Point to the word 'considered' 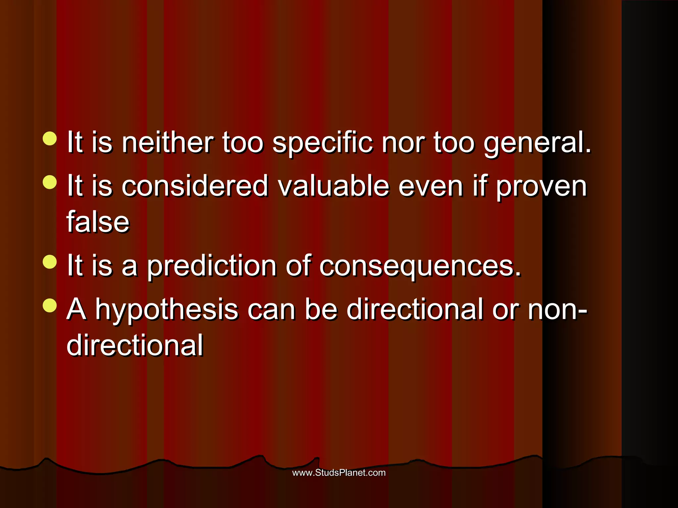[x=195, y=186]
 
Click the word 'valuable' [x=333, y=186]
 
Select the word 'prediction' [x=212, y=266]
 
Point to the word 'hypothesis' [x=167, y=310]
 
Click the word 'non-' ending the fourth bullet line [x=557, y=310]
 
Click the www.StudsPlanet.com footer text [x=339, y=473]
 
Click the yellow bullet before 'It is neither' [x=50, y=139]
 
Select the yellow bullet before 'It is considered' [x=50, y=182]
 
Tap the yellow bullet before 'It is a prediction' [x=50, y=262]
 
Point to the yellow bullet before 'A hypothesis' [x=50, y=306]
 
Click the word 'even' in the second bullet [x=430, y=186]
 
